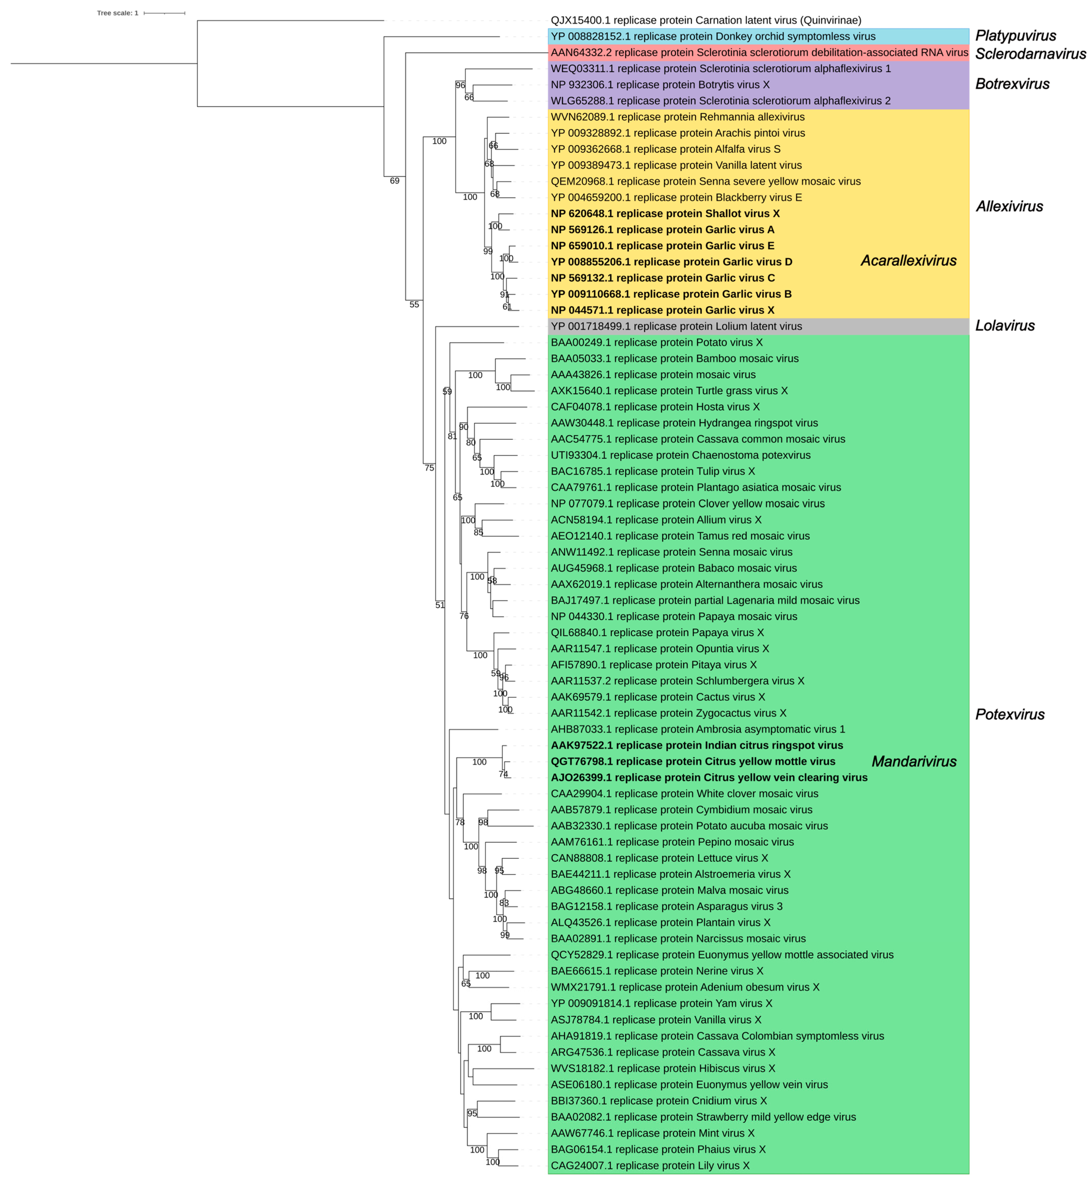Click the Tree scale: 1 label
118,13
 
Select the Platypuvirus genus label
1015,36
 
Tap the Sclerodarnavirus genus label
1030,54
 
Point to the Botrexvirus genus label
1012,84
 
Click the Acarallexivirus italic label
908,261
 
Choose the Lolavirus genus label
1004,326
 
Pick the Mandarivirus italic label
914,761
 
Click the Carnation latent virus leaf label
705,20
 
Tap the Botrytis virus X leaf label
660,85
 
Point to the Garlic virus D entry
671,262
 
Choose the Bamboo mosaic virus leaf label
674,358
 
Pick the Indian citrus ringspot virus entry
697,745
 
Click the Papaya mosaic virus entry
674,616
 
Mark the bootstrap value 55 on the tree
414,304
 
